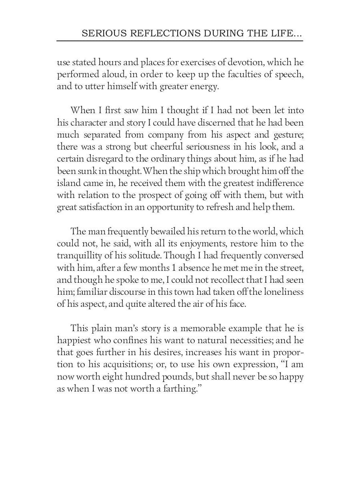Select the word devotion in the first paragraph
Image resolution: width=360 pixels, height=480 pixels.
tap(244, 62)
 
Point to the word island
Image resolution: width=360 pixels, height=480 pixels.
tap(68, 183)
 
